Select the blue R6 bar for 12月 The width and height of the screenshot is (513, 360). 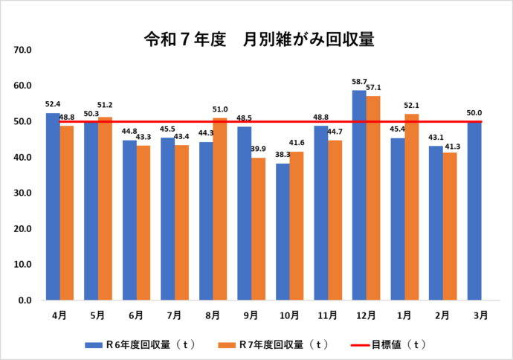coord(358,195)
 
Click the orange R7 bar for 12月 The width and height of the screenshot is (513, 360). coord(373,198)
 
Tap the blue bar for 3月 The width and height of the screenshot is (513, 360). coord(474,210)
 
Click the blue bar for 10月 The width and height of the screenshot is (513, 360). coord(282,231)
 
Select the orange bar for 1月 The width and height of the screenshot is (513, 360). coord(411,207)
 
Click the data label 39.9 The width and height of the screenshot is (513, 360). coord(259,149)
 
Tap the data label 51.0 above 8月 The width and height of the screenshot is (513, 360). coord(221,109)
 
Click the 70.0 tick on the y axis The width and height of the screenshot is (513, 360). coord(22,50)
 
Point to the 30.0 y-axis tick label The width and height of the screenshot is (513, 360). coord(22,193)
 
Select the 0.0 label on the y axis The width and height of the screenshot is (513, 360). coord(24,300)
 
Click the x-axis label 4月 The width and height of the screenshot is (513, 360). coord(59,315)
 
